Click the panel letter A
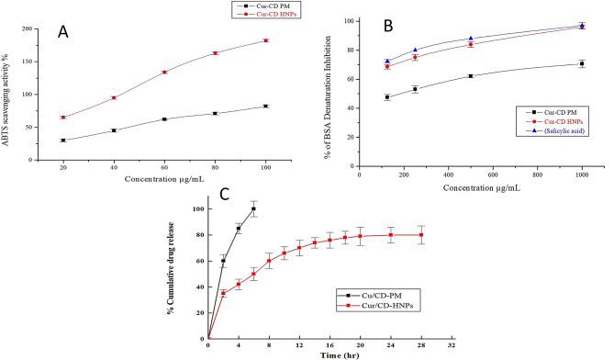tap(63, 31)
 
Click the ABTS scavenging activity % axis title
tap(12, 95)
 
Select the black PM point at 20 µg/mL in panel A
tap(62, 141)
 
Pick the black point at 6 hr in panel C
tap(253, 208)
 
